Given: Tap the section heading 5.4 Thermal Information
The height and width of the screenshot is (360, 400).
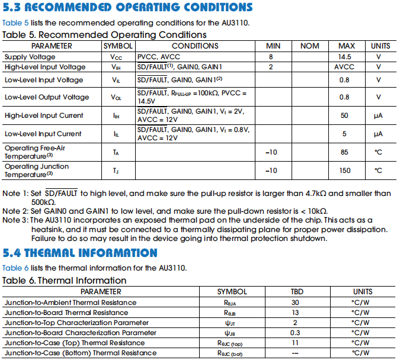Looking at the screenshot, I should click(80, 253).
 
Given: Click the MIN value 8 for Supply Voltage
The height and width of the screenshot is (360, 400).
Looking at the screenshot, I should click(271, 57).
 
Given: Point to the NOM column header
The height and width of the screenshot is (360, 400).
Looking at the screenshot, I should click(309, 46).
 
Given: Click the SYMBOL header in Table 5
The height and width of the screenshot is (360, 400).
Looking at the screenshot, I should click(118, 46).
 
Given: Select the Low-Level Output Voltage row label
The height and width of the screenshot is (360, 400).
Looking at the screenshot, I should click(39, 97).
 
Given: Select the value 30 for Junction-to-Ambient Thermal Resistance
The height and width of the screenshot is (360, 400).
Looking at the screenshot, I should click(295, 303).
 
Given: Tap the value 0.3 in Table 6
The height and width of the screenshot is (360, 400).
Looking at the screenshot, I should click(295, 333).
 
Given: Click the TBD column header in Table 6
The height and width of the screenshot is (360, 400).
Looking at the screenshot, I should click(296, 291).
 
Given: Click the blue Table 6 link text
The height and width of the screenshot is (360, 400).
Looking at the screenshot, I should click(14, 268).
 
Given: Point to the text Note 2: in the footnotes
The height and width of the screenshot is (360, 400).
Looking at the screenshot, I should click(14, 211).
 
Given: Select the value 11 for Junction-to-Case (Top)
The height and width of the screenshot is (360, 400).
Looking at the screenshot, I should click(295, 343).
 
